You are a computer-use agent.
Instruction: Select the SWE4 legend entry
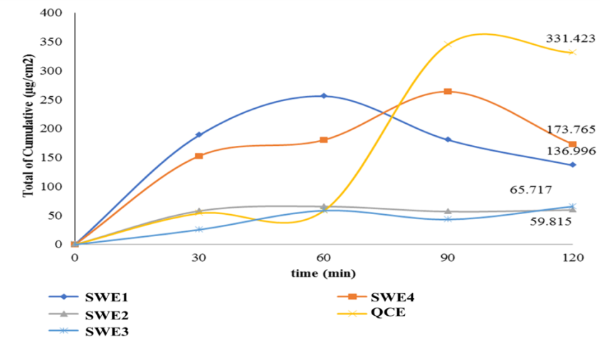(x=389, y=297)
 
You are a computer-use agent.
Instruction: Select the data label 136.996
(x=570, y=150)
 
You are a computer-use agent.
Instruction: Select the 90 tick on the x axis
(x=448, y=258)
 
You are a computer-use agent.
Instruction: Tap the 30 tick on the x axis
(x=199, y=258)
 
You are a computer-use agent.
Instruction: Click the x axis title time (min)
(x=323, y=273)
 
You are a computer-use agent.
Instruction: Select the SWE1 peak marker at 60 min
(x=324, y=95)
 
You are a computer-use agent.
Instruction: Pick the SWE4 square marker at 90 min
(x=448, y=91)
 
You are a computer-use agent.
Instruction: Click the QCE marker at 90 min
(x=448, y=44)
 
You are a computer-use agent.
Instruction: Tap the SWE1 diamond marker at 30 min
(x=199, y=134)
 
